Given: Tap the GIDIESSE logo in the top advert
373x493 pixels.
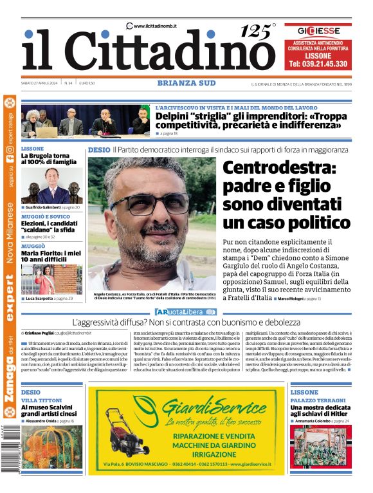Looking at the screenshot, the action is click(318, 30).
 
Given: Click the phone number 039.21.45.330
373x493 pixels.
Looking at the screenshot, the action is click(318, 64).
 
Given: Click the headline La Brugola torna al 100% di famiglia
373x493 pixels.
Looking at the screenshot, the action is click(48, 159).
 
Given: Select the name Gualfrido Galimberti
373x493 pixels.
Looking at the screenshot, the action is click(42, 207).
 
